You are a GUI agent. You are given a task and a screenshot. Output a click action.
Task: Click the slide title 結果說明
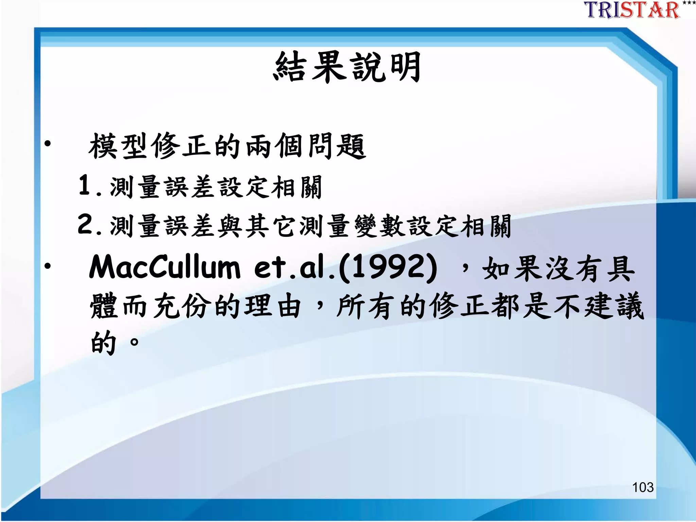click(347, 67)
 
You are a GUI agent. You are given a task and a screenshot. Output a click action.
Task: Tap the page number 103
click(643, 487)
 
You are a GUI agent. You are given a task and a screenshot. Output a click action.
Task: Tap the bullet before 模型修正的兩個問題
click(48, 144)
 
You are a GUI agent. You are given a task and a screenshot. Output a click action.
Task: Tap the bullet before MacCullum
click(48, 266)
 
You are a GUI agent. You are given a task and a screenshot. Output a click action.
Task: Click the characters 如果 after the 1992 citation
click(513, 268)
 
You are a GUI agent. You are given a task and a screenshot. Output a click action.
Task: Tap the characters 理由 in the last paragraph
click(273, 306)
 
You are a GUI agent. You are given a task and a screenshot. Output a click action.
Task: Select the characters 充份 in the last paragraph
click(180, 306)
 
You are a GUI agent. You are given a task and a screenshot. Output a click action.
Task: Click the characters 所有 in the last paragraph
click(366, 306)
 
